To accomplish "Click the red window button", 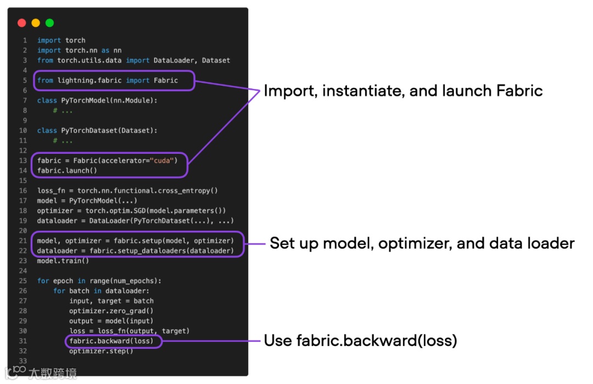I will [x=22, y=23].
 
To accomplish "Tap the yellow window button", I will [x=36, y=23].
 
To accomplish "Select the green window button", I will [x=49, y=23].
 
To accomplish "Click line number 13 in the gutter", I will [x=23, y=160].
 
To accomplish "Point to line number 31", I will [x=23, y=341].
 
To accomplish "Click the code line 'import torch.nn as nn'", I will [x=79, y=50].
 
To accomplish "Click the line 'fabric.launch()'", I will [x=67, y=171].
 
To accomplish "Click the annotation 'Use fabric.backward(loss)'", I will [x=360, y=341].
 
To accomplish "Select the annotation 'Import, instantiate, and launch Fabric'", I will [x=403, y=91].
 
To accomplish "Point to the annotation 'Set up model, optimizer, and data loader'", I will [x=422, y=243].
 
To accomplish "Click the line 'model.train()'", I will [x=63, y=261].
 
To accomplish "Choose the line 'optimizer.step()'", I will [x=101, y=351].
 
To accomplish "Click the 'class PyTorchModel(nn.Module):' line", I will [x=97, y=101].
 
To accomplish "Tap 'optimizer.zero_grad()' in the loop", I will [x=111, y=311].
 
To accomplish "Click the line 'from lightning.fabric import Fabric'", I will [x=108, y=80].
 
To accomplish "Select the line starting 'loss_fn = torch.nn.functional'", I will [x=127, y=191].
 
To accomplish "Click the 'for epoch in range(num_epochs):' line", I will [x=99, y=281].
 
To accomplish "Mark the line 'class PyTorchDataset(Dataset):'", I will [x=97, y=131].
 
